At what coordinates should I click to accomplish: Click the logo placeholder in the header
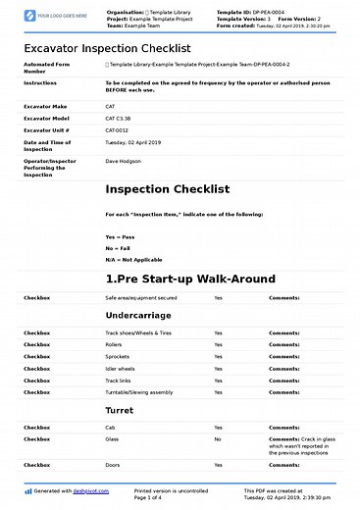pos(49,17)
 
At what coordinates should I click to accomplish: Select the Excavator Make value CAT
pos(110,105)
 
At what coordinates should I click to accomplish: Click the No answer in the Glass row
pos(218,439)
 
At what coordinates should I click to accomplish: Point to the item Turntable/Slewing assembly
pos(139,391)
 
